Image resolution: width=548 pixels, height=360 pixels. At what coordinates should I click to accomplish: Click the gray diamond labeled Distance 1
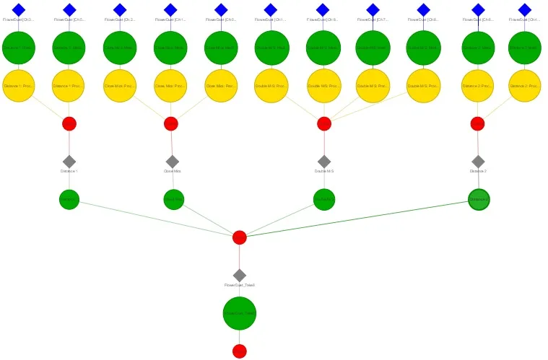pos(69,161)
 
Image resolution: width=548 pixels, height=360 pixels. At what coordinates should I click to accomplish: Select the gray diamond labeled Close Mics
pos(172,162)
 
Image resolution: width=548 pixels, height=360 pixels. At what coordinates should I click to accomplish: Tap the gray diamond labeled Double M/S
pos(324,162)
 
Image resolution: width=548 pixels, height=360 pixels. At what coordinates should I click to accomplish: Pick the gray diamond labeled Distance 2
pos(478,161)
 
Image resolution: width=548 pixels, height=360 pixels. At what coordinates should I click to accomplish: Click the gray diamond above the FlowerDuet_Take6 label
pos(240,275)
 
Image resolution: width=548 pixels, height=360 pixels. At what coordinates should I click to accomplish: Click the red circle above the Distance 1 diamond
pos(69,123)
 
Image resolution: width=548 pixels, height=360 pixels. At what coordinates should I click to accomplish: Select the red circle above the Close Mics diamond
pos(171,123)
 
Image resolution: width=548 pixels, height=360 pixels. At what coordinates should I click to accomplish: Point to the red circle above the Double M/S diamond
pos(324,123)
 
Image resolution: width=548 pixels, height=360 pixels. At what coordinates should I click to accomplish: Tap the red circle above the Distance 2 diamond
pos(477,123)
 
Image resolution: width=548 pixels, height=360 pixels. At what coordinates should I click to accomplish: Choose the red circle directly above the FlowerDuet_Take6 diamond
pos(240,237)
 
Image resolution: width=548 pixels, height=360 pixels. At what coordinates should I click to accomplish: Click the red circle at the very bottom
pos(240,351)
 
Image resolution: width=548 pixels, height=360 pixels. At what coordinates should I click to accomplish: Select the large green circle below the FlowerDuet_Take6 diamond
pos(240,313)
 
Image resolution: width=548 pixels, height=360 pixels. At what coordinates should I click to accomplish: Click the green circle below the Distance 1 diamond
pos(69,199)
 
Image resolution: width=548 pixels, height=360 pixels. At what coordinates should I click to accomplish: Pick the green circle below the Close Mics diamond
pos(174,199)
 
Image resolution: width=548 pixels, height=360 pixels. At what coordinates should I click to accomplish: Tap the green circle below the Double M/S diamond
pos(324,199)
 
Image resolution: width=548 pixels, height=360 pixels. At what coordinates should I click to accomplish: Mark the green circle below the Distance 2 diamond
pos(479,199)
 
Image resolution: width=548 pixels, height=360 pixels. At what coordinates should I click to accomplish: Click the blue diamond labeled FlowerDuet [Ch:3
pos(19,9)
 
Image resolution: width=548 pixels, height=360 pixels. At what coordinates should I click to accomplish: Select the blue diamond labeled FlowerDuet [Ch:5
pos(69,9)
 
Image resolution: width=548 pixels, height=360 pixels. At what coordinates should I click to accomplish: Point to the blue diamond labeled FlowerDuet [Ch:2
pos(120,9)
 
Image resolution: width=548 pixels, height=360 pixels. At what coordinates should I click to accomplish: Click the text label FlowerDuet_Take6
pos(240,286)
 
